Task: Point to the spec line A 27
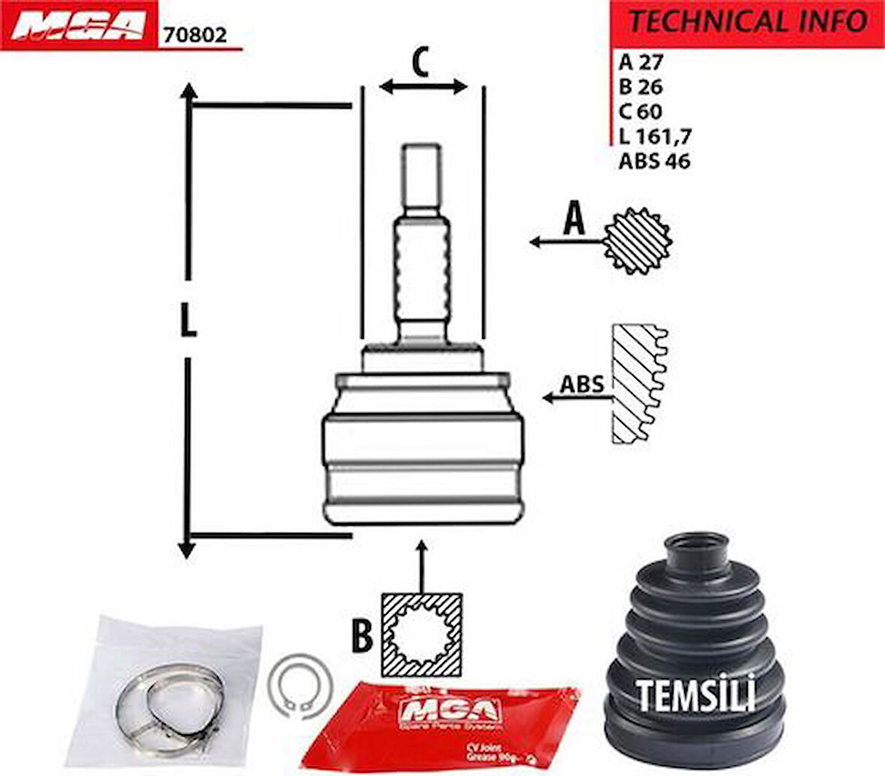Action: coord(640,62)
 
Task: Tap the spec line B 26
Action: coord(640,87)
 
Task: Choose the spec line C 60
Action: coord(640,112)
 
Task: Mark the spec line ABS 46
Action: coord(654,160)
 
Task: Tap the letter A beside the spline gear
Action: coord(573,220)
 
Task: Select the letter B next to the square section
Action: coord(362,637)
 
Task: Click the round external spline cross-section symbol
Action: coord(638,241)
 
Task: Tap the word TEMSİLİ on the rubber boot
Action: coord(696,694)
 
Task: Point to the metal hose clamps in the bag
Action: coord(168,701)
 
